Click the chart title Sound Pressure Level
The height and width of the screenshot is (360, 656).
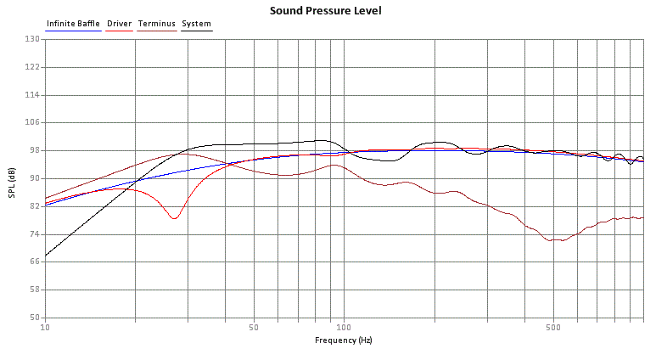coord(325,11)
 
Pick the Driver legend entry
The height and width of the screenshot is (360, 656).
coord(119,24)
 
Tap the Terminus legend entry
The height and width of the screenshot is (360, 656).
coord(156,24)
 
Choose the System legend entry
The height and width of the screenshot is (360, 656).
coord(197,24)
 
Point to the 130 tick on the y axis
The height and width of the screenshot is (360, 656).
coord(33,39)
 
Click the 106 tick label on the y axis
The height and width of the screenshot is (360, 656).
coord(33,122)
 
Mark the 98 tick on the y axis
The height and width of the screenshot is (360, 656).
coord(35,150)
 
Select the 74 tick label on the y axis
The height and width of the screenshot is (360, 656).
coord(35,233)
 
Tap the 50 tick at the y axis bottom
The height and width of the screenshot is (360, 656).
coord(35,317)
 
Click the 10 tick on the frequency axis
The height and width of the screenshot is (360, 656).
coord(45,327)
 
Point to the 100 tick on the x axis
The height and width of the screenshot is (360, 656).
coord(343,327)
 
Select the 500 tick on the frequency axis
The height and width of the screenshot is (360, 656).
coord(552,327)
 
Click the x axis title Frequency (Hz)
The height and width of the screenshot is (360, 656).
coord(343,340)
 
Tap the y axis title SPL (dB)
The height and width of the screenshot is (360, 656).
coord(12,178)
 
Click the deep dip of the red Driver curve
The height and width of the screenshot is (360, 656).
coord(175,218)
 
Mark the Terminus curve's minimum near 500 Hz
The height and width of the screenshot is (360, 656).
coord(556,240)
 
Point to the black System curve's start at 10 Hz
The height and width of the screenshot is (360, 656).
coord(46,254)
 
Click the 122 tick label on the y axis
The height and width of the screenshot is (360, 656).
coord(33,67)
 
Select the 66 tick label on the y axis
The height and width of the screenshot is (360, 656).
coord(35,262)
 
